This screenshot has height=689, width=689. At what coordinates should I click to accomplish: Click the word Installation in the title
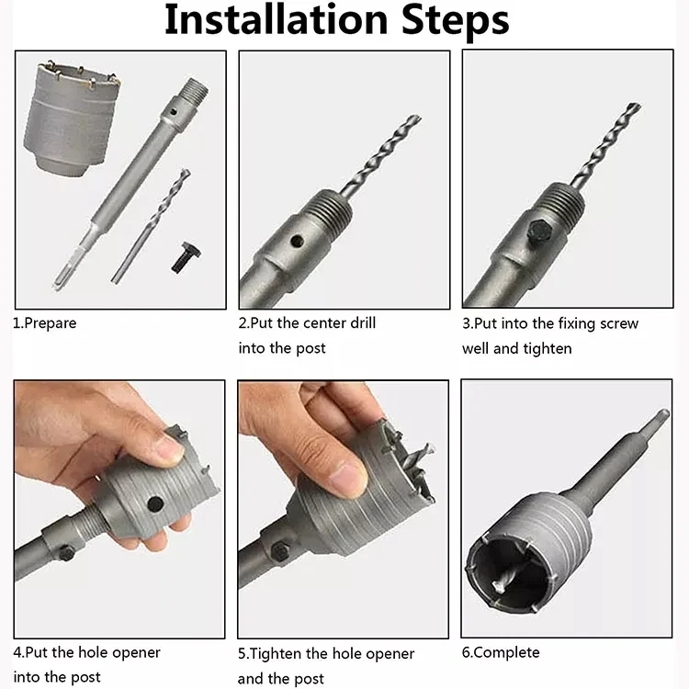point(274,20)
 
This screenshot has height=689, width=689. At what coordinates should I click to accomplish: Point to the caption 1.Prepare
point(44,323)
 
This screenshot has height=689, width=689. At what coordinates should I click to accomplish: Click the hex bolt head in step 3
point(538,232)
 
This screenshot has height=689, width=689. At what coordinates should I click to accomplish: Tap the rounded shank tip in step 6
point(661,415)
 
